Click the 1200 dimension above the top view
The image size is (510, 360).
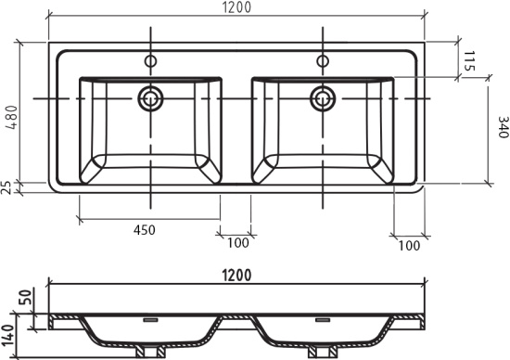click(x=236, y=7)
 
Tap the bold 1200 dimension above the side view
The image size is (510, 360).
click(x=236, y=276)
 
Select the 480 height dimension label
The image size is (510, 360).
click(x=12, y=118)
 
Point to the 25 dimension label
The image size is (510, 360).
click(x=7, y=187)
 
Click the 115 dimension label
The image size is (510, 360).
click(x=468, y=61)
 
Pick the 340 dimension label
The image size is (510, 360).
click(x=504, y=127)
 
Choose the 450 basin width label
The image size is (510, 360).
click(x=145, y=230)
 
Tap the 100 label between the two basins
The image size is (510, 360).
click(x=237, y=242)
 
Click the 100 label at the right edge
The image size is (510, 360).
click(x=409, y=246)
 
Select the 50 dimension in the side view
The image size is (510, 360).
click(x=27, y=297)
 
